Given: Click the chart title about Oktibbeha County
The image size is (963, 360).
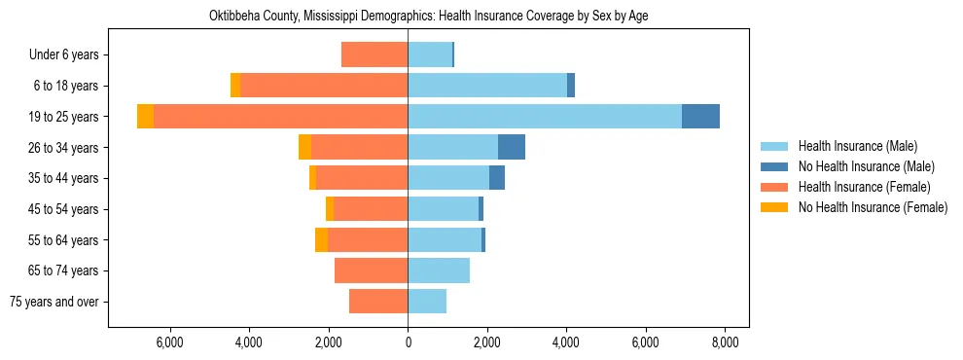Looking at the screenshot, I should [x=428, y=17].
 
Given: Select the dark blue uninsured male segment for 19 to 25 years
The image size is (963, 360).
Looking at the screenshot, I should [x=700, y=116].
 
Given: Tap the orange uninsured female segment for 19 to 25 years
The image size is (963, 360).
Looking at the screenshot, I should [x=145, y=116].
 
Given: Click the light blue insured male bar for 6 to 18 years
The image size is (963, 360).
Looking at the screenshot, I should [x=486, y=86].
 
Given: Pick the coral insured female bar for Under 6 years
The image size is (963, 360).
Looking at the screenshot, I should [x=374, y=54].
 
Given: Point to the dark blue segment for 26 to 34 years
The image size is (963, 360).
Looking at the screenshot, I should [x=512, y=147].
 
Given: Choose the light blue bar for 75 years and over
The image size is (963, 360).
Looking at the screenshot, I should [x=427, y=301].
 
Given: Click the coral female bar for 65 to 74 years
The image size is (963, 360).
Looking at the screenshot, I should [x=371, y=270].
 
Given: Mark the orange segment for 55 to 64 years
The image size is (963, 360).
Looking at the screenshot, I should [x=321, y=239].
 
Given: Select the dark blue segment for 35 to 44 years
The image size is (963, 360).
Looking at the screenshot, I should [x=497, y=178].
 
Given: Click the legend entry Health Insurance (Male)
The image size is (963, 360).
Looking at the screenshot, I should [x=857, y=146].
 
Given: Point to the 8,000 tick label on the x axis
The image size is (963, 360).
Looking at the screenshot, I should [x=725, y=342].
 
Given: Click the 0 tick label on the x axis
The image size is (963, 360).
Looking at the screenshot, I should [x=408, y=342].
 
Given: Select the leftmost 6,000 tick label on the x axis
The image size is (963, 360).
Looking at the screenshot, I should [x=169, y=342].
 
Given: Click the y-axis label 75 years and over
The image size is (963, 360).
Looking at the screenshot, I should [x=54, y=302].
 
